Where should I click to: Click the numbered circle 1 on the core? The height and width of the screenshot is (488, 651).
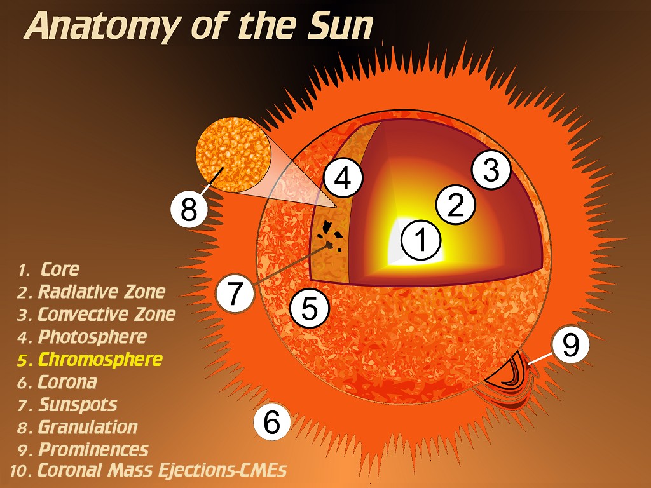click(x=421, y=240)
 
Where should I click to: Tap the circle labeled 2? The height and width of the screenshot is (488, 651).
click(x=455, y=205)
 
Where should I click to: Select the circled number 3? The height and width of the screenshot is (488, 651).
click(x=491, y=170)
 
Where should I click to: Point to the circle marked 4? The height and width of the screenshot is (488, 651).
click(x=343, y=178)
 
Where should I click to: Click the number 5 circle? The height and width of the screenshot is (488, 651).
click(x=310, y=308)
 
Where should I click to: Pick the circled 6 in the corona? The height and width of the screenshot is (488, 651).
click(x=272, y=422)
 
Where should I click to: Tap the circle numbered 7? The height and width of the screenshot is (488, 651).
click(x=235, y=293)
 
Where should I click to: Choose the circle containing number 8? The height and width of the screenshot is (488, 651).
click(x=189, y=208)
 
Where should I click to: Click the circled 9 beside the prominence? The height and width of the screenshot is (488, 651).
click(x=570, y=344)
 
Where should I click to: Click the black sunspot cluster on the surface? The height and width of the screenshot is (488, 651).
click(x=330, y=236)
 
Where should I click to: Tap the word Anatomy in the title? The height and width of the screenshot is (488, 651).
click(x=102, y=25)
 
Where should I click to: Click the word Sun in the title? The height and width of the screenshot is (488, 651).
click(x=340, y=25)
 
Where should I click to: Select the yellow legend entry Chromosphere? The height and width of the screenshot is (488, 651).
click(x=100, y=360)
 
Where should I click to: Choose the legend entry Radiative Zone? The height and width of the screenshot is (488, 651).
click(x=102, y=292)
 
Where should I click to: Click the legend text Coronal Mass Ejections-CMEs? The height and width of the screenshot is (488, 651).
click(x=162, y=470)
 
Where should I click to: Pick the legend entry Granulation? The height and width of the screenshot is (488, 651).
click(x=88, y=427)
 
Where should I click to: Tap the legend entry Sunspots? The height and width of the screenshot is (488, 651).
click(x=78, y=405)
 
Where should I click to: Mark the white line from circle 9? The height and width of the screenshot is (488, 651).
click(x=540, y=358)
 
